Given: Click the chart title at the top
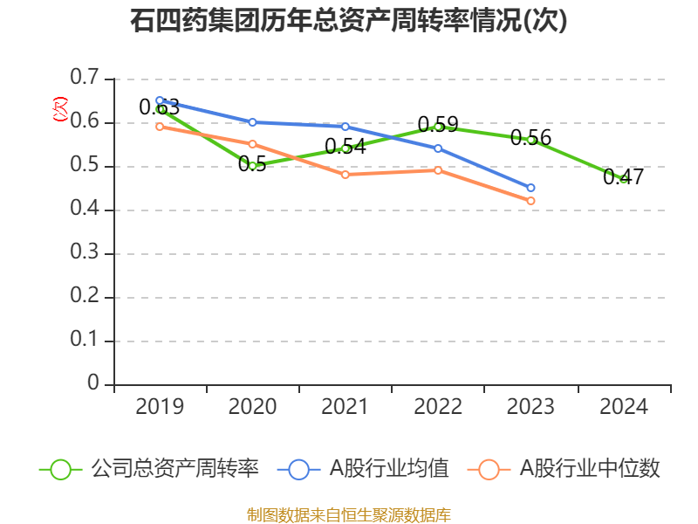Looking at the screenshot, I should pos(349,21).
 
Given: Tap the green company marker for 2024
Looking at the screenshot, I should pos(624,179).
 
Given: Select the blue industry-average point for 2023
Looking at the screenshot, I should pos(530,188).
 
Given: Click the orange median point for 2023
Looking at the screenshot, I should pos(530,201).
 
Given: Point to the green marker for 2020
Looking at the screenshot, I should pos(253,166).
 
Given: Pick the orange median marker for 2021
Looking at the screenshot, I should pos(346,175).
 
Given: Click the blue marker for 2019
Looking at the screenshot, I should pos(160,100).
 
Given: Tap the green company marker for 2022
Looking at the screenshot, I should pos(438,127).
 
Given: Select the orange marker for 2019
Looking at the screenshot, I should pos(160,127).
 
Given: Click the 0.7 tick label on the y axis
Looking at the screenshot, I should pos(86,79).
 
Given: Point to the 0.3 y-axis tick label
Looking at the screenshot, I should pos(86,253).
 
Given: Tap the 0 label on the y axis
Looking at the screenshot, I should pos(94,384).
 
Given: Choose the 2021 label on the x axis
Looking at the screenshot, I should pos(346,407).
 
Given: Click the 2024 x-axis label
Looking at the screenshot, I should pos(624,407).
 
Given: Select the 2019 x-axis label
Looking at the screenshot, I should pos(160,407).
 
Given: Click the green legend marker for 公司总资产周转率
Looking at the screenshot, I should pos(60,469).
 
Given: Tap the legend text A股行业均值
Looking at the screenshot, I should pos(388,469).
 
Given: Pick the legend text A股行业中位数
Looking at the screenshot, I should pos(590,469).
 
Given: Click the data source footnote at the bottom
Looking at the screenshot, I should pos(349,514).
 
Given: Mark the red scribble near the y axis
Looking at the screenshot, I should pos(60,109).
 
